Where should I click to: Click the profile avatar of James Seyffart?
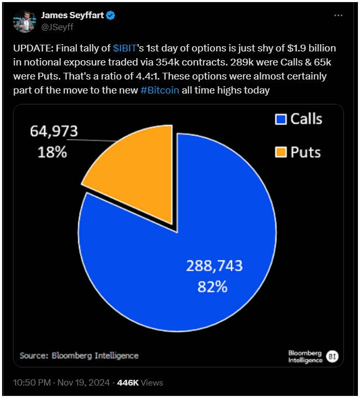24,20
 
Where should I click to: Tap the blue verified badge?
111,16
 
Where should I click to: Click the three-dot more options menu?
338,16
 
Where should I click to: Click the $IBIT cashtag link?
125,48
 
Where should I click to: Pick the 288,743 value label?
214,266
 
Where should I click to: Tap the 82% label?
212,286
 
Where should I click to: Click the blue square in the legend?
281,120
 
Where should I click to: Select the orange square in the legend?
281,152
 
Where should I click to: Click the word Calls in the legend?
306,119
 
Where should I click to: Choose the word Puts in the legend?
305,152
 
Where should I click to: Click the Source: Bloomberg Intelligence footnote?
79,355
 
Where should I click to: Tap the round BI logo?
331,356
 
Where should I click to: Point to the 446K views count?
128,383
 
